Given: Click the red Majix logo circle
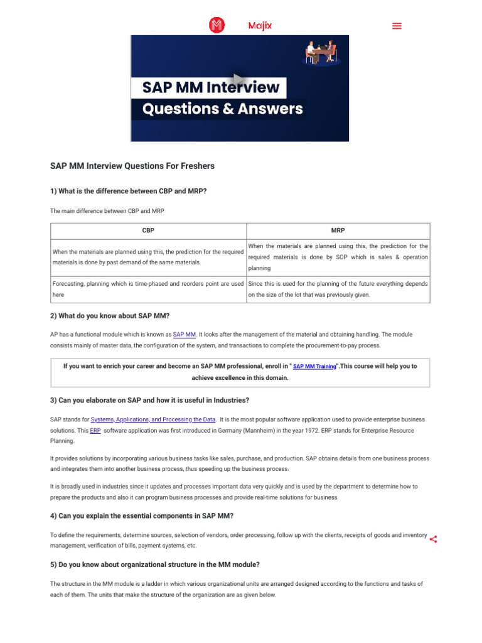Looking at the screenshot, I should (217, 25).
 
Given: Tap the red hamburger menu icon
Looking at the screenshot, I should (397, 26).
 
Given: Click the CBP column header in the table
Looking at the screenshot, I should (148, 230).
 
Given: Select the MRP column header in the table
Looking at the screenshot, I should (338, 230).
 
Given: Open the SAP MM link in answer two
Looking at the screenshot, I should (185, 335).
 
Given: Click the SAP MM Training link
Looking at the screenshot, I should (314, 366).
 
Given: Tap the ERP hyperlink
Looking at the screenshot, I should (95, 430).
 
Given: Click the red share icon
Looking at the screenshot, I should (433, 539).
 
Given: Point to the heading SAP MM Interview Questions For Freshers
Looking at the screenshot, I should (132, 166).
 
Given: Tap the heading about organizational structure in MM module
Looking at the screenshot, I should (155, 565).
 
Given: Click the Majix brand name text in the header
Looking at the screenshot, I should (260, 26).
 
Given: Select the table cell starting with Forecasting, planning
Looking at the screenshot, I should (148, 289).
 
